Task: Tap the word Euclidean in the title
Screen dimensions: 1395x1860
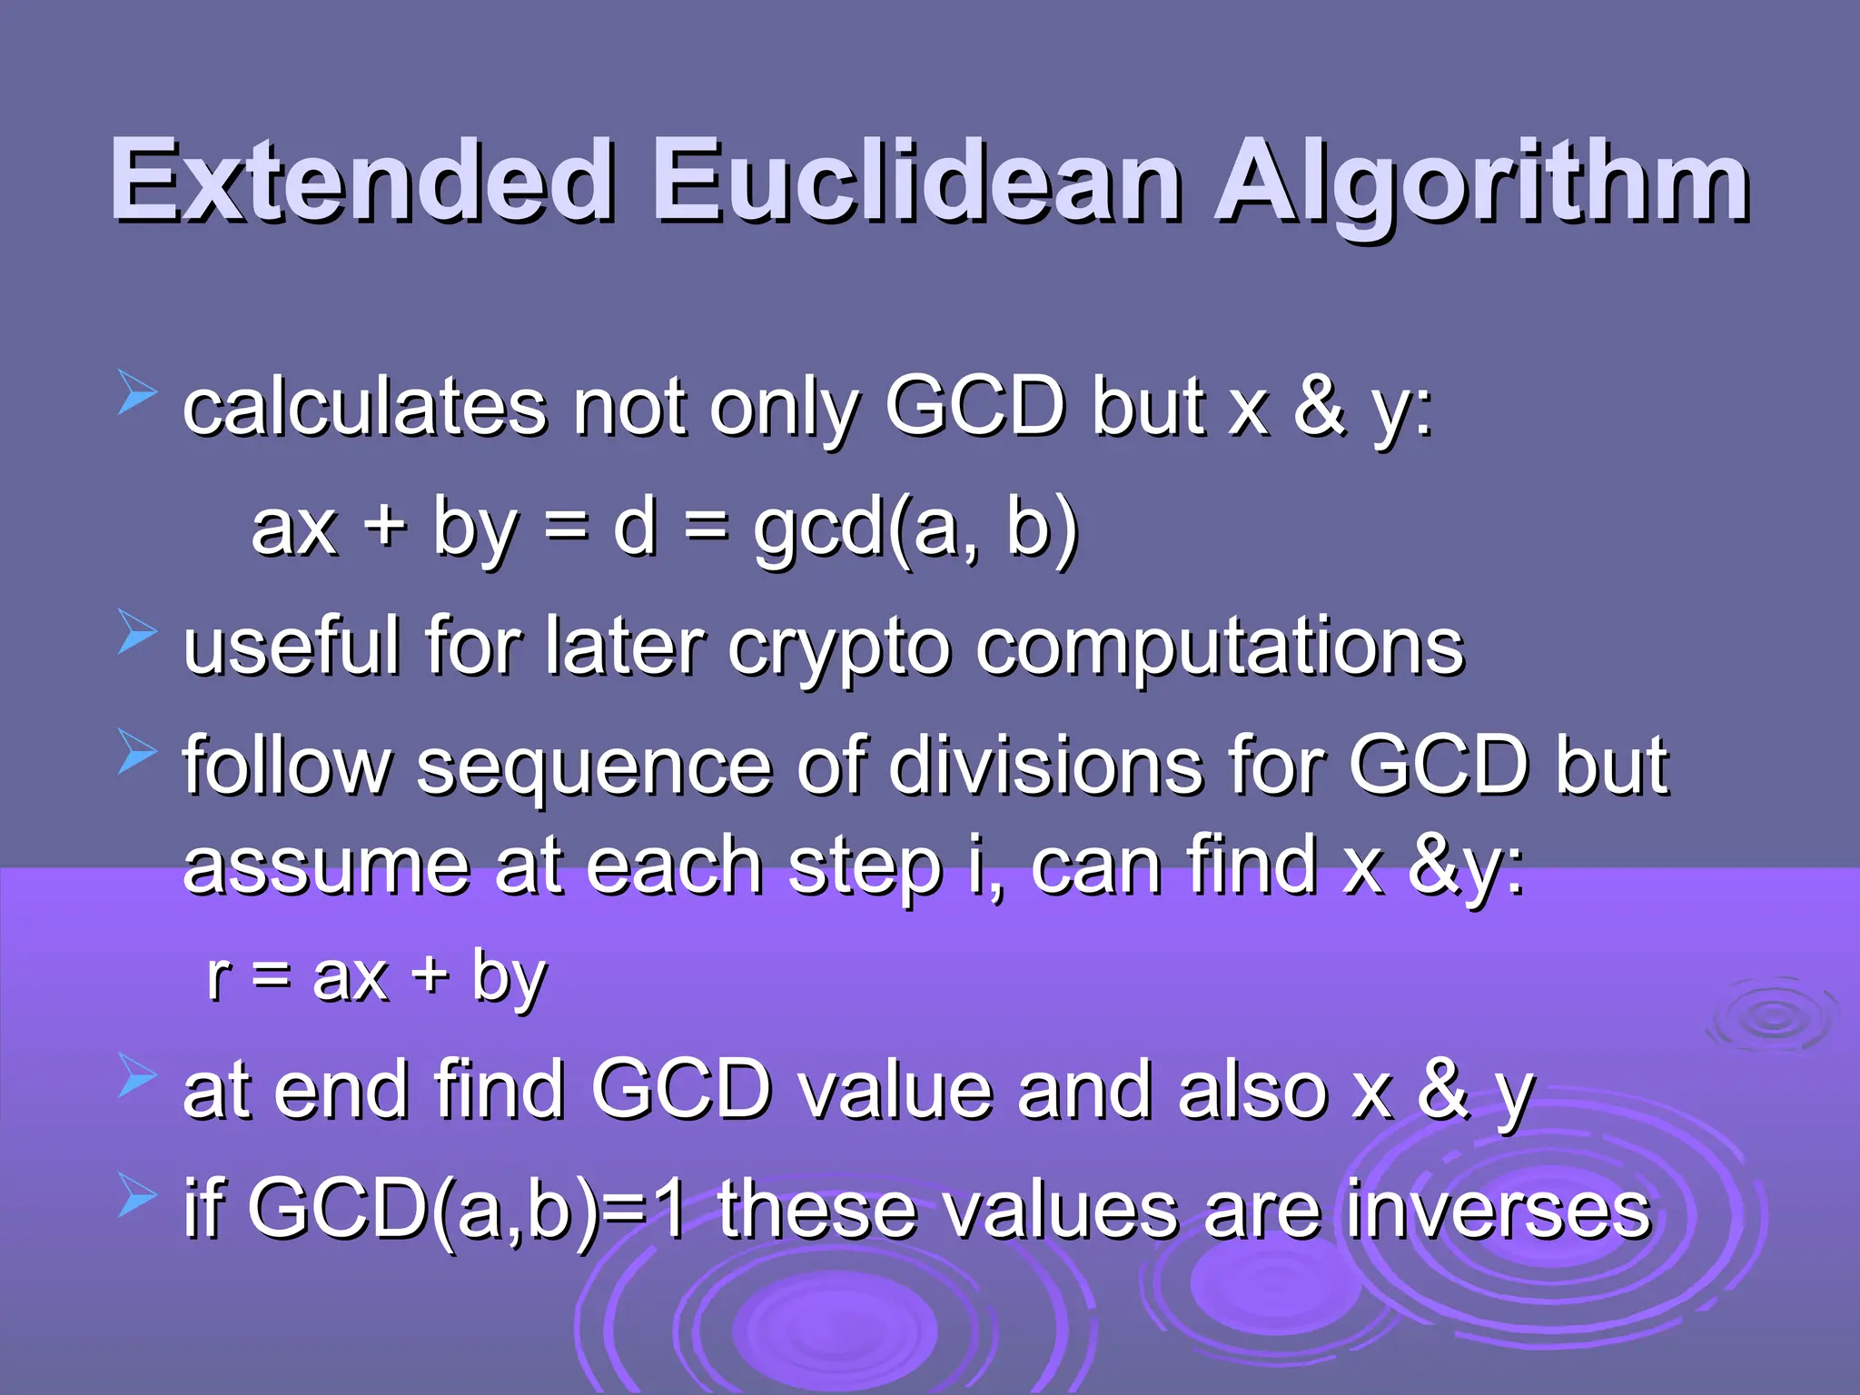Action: click(917, 181)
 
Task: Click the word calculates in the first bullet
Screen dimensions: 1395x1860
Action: click(364, 408)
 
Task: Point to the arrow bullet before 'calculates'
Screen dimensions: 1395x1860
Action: click(137, 397)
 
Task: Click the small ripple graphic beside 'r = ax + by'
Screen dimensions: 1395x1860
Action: click(1772, 1016)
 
